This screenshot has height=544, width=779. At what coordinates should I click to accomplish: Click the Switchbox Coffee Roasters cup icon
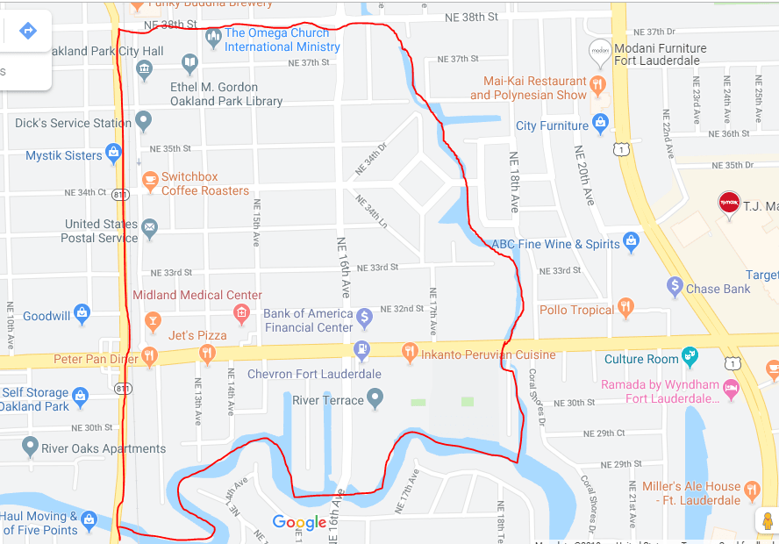[150, 182]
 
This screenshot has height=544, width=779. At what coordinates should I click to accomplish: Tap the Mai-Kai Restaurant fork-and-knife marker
[597, 85]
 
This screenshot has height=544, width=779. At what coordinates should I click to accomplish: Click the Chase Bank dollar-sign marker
[675, 286]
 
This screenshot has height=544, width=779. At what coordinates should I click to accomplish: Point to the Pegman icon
[768, 520]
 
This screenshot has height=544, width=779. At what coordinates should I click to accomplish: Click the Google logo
[299, 523]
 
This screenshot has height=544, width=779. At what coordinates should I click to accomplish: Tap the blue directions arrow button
[28, 32]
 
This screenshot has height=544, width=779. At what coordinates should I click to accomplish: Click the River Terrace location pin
[375, 399]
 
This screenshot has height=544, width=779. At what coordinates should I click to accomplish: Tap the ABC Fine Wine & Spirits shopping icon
[631, 241]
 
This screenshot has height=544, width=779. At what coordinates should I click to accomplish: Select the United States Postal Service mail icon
[150, 230]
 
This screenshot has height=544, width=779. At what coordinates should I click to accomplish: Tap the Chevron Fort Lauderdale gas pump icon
[361, 351]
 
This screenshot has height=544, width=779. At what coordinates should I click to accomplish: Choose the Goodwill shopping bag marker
[82, 313]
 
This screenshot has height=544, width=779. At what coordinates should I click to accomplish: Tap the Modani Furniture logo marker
[600, 52]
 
